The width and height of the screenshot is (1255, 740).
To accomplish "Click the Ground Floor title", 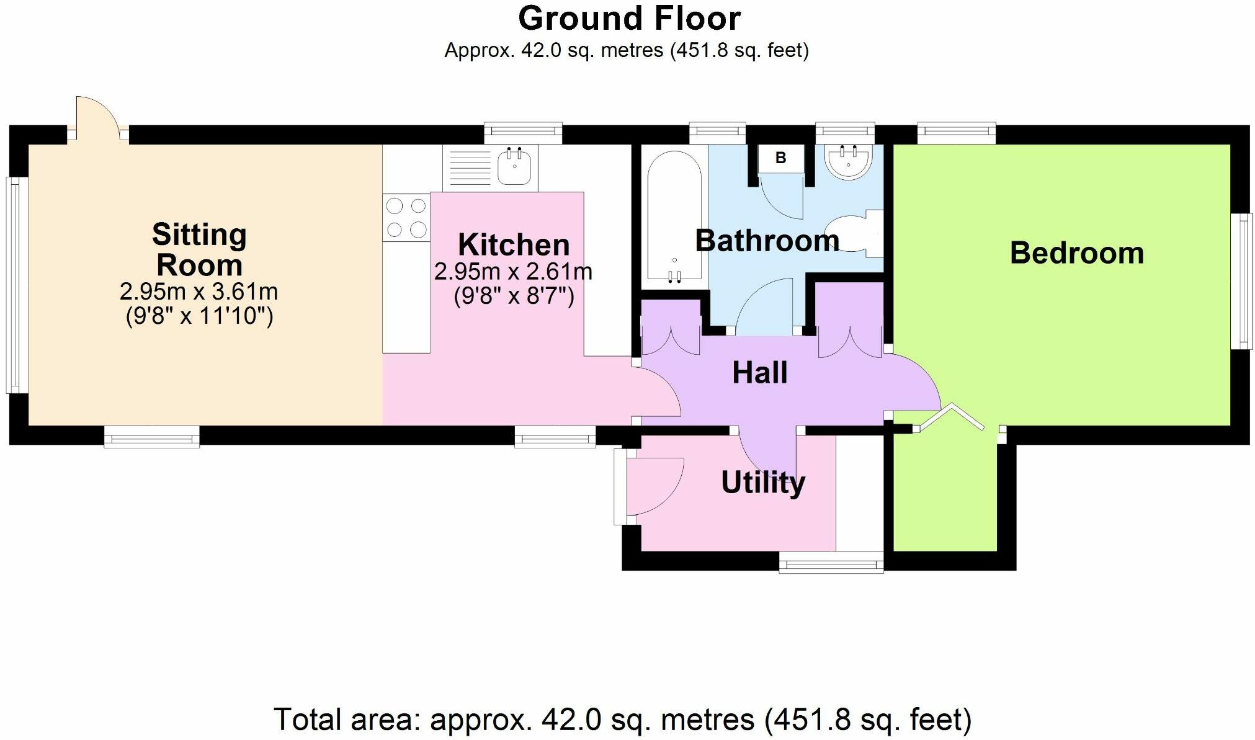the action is (629, 19).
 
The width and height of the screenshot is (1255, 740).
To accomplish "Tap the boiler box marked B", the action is (780, 158).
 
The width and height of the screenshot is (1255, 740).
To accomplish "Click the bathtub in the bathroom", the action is (674, 216).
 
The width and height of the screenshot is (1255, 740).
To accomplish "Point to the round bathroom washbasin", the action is (848, 162).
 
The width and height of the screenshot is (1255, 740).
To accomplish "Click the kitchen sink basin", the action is (514, 166).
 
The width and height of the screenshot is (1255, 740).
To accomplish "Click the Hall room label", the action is (760, 372).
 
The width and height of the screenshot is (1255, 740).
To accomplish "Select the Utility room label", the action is (763, 483).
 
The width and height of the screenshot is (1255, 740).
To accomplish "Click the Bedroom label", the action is (1077, 253).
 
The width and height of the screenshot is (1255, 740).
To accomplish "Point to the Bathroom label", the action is (767, 241).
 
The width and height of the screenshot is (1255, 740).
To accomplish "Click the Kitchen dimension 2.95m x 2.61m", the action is (513, 272).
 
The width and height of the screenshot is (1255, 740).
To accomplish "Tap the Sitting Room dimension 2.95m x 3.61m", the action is (199, 291).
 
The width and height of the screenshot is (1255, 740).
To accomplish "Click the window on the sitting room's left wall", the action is (17, 285).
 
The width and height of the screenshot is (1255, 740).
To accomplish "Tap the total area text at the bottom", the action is (623, 720).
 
